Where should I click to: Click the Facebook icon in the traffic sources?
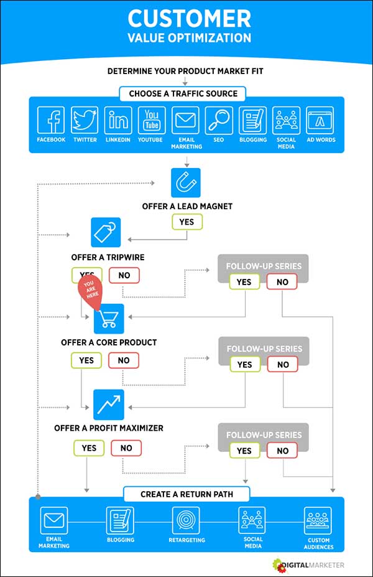51,120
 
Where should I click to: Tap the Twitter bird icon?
85,120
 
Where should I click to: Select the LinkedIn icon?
118,120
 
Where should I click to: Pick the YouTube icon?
151,120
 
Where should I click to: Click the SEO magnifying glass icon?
219,120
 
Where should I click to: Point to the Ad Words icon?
320,120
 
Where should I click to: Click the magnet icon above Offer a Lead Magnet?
186,183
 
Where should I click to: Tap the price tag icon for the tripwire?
106,232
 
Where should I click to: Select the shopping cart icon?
109,319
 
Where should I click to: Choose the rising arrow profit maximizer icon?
109,405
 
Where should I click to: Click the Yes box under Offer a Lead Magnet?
186,222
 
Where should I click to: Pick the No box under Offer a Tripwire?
124,275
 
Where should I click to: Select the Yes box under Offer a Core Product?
86,360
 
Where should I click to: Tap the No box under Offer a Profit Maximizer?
126,448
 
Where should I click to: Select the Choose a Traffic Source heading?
183,94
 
